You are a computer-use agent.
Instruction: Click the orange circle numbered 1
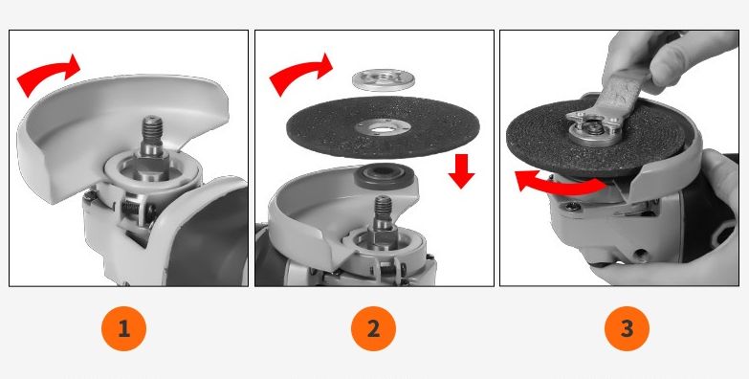pyautogui.click(x=123, y=329)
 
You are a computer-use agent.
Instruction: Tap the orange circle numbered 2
pyautogui.click(x=374, y=329)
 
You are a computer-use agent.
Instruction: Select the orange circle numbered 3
pyautogui.click(x=627, y=329)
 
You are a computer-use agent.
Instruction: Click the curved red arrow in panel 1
pyautogui.click(x=48, y=72)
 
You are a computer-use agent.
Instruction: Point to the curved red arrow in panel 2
pyautogui.click(x=300, y=71)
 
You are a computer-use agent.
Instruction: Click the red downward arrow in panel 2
pyautogui.click(x=461, y=171)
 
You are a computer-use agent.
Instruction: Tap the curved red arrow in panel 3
pyautogui.click(x=559, y=184)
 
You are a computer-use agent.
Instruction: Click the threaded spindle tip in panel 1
pyautogui.click(x=152, y=129)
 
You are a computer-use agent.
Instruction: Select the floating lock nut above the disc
pyautogui.click(x=383, y=79)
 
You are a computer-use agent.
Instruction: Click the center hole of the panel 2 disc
pyautogui.click(x=382, y=128)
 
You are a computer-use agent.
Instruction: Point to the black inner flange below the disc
pyautogui.click(x=384, y=176)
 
